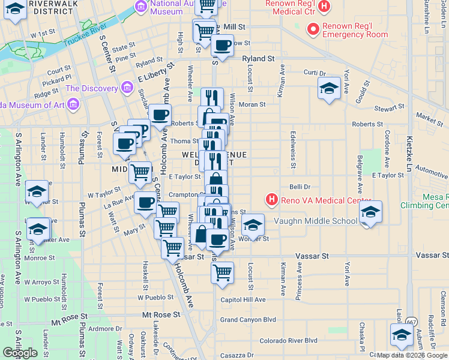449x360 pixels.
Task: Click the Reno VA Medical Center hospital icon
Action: pyautogui.click(x=272, y=199)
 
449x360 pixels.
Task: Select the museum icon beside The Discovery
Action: pyautogui.click(x=127, y=88)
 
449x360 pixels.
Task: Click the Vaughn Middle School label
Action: pyautogui.click(x=316, y=221)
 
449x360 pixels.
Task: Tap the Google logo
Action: pyautogui.click(x=20, y=353)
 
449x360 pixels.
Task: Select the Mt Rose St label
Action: pyautogui.click(x=161, y=314)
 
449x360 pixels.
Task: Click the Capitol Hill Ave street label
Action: pyautogui.click(x=243, y=299)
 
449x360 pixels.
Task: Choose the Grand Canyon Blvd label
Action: pyautogui.click(x=247, y=320)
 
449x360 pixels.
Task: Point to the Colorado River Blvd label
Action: pyautogui.click(x=288, y=340)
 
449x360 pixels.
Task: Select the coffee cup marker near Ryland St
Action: pyautogui.click(x=222, y=46)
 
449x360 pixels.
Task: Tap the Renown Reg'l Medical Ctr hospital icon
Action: pyautogui.click(x=324, y=7)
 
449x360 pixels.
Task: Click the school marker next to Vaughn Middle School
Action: pyautogui.click(x=370, y=212)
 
